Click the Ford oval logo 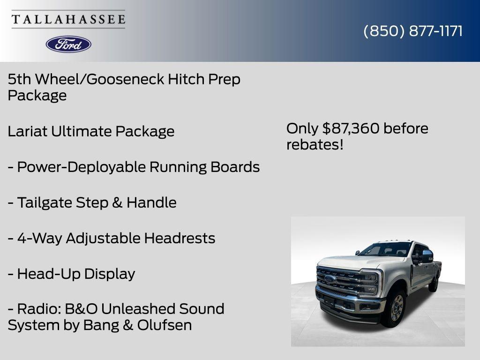[68, 44]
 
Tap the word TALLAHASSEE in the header [68, 20]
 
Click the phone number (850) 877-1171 [413, 31]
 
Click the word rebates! [315, 145]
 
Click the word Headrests [180, 238]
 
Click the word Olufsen [165, 325]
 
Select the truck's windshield [385, 249]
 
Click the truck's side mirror [427, 256]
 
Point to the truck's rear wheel [434, 283]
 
